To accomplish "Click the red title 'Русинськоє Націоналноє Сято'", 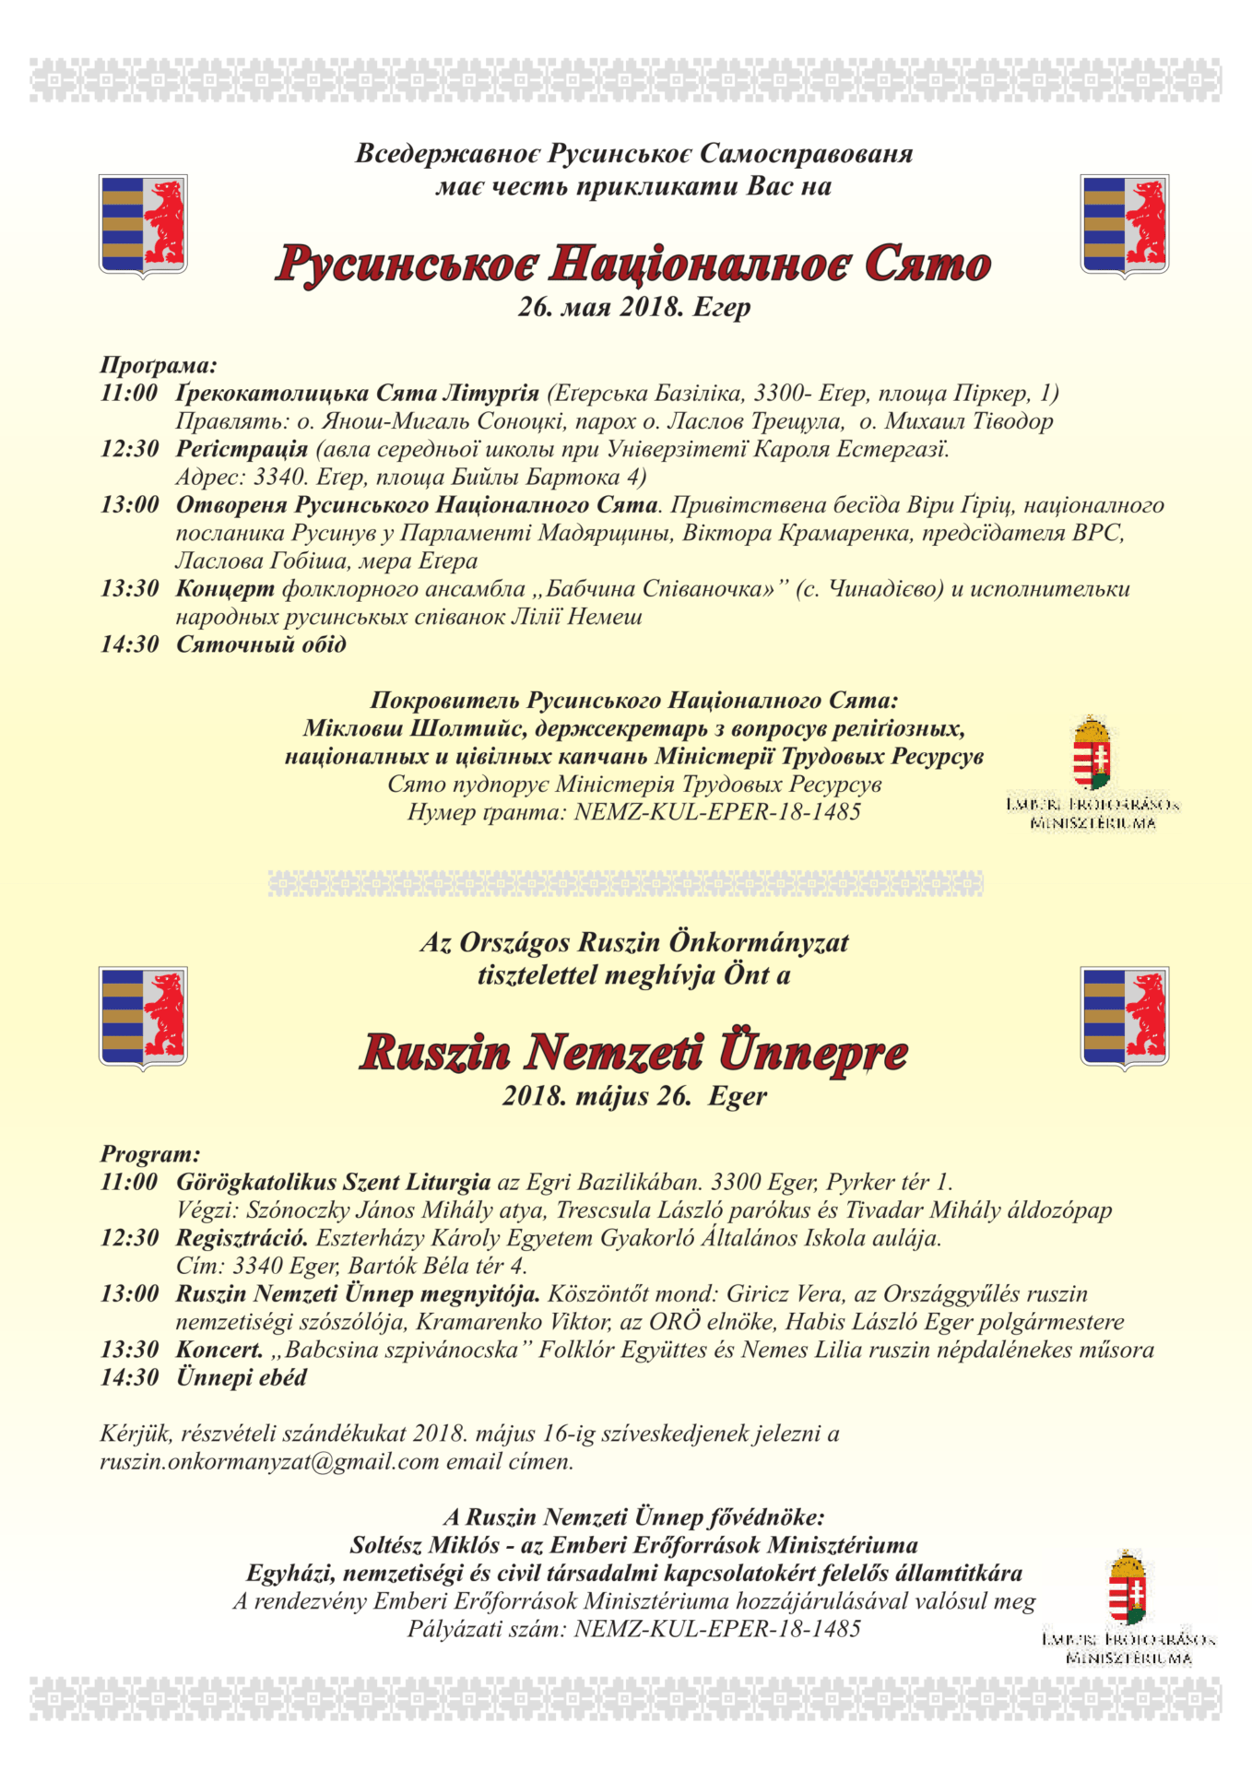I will (x=633, y=265).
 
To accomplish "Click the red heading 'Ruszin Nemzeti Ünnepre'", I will (x=633, y=1053).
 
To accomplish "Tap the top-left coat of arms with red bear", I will (x=143, y=226).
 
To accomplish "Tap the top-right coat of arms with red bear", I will (x=1124, y=226).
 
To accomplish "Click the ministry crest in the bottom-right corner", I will (x=1128, y=1590).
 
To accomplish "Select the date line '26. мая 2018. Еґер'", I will (x=633, y=307).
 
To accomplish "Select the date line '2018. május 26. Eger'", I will (x=633, y=1096).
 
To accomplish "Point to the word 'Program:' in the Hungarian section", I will (x=150, y=1154).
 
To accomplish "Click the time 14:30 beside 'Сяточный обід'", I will (x=130, y=644).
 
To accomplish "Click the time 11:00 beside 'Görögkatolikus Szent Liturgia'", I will (x=130, y=1182).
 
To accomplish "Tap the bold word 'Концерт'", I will (x=225, y=588).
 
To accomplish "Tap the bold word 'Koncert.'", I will (x=219, y=1350).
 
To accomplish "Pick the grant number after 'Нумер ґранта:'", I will (x=717, y=812).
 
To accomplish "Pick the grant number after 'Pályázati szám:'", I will (x=717, y=1629).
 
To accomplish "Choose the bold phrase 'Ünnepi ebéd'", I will (x=242, y=1378).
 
